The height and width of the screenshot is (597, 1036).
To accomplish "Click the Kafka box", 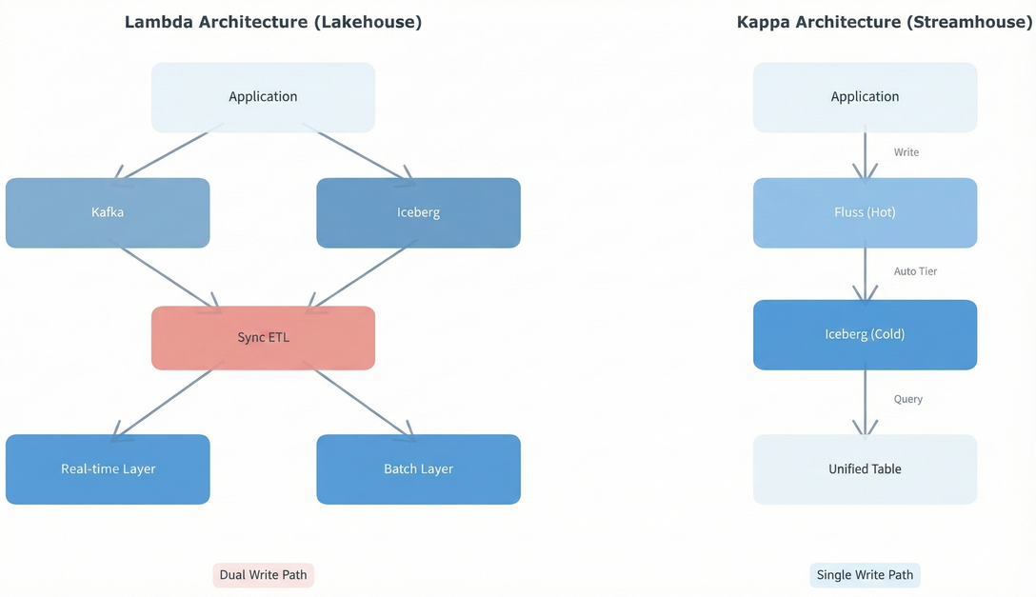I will (x=108, y=212).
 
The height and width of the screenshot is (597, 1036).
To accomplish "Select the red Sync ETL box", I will (x=263, y=338).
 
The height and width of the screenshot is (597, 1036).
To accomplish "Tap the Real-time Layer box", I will (x=108, y=469).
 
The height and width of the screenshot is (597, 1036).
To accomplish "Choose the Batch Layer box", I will (x=418, y=469).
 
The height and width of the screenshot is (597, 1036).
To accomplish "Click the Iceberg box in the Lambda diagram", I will (x=418, y=212).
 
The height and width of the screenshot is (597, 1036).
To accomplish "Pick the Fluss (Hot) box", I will (x=865, y=212).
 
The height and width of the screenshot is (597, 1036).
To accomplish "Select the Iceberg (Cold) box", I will (x=865, y=334).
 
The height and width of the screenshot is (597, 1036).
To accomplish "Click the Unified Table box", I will (x=865, y=469).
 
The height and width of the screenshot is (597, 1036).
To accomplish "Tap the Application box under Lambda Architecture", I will (x=263, y=97).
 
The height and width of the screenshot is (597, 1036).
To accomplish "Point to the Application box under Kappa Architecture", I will (x=865, y=97).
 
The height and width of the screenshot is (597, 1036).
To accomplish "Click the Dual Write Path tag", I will (x=263, y=575).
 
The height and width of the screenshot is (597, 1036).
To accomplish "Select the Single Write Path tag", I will (x=865, y=575).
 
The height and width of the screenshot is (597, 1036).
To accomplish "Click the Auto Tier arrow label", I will (x=915, y=271).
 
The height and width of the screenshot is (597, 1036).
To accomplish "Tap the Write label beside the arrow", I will (x=906, y=152).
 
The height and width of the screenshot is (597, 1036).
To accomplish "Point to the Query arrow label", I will (x=907, y=399).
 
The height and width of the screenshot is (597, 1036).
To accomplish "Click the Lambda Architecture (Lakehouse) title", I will (x=272, y=22).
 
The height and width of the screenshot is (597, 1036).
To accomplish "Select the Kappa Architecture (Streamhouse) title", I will (x=885, y=22).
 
